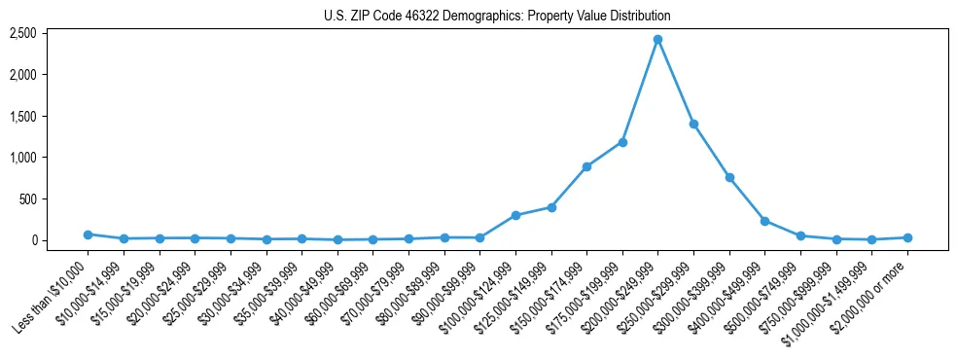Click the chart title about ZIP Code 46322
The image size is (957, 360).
click(497, 16)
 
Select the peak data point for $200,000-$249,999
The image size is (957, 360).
click(658, 39)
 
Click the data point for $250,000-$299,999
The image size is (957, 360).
click(693, 124)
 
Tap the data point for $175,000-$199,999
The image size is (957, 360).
click(622, 142)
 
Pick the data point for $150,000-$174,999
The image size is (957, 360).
click(586, 166)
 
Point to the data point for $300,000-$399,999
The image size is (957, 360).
click(729, 177)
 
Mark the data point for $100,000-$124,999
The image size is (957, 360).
click(515, 215)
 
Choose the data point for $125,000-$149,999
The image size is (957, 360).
click(551, 207)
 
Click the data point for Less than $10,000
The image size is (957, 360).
click(88, 234)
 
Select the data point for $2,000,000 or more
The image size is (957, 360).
click(907, 237)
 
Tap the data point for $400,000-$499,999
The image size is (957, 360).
click(764, 221)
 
